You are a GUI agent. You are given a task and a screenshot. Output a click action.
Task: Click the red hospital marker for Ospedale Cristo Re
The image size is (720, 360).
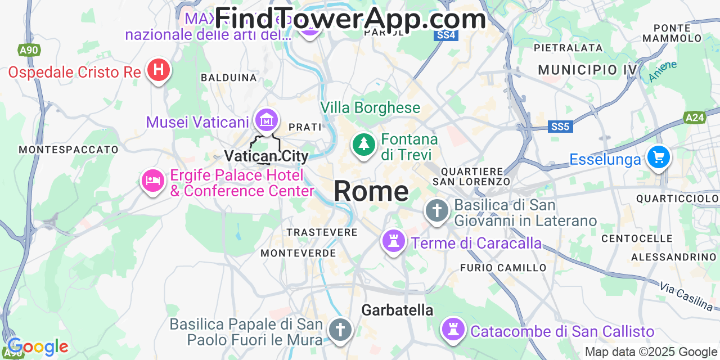(x=159, y=70)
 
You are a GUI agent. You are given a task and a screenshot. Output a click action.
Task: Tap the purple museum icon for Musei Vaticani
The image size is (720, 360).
(x=266, y=119)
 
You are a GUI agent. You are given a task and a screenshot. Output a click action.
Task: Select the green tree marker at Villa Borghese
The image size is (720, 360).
(x=364, y=144)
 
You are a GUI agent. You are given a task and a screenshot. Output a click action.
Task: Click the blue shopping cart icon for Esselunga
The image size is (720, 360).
(x=658, y=157)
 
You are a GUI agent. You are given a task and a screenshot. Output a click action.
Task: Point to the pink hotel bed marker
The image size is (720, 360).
(x=152, y=181)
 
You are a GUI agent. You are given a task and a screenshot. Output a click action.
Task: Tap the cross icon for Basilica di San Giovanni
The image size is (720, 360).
(x=437, y=211)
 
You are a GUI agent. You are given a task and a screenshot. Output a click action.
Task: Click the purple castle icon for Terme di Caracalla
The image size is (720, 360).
(x=394, y=241)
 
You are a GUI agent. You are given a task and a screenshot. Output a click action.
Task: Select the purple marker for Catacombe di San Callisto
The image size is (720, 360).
(x=453, y=328)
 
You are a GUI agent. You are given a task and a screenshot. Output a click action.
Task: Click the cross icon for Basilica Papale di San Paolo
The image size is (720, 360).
(x=340, y=329)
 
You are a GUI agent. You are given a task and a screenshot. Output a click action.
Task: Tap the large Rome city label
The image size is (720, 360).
(x=371, y=191)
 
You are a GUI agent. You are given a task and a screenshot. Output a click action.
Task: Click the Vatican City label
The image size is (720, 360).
(x=266, y=156)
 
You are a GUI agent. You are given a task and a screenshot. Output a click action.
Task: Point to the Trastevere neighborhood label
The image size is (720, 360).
(x=322, y=232)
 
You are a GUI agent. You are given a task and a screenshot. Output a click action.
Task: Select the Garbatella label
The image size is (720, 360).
(x=397, y=310)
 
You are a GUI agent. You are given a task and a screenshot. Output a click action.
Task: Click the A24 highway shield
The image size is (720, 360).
(x=695, y=118)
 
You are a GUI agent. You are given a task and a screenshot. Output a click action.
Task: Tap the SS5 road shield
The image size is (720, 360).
(x=560, y=127)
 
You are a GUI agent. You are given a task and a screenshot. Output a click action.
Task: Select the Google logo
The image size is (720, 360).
(x=38, y=347)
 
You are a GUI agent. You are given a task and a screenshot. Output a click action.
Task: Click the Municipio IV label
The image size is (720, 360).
(x=587, y=70)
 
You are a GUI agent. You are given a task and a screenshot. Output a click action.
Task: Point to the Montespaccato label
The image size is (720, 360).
(x=69, y=150)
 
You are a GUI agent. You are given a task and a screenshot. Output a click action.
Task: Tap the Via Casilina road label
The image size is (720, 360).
(x=686, y=297)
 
